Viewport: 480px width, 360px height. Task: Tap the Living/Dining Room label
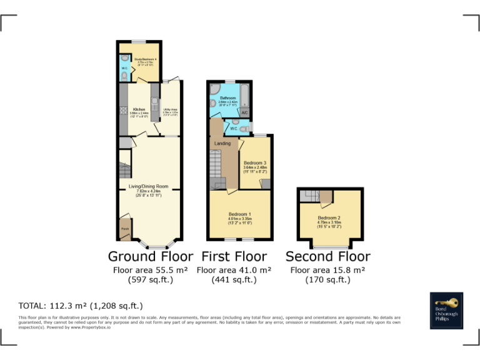click(149, 186)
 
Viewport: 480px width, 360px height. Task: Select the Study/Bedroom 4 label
click(145, 59)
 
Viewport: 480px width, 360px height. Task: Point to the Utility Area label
click(170, 110)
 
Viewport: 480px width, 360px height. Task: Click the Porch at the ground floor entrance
click(125, 229)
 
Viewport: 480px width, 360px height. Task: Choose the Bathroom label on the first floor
click(227, 98)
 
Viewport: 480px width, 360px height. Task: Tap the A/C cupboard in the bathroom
click(244, 112)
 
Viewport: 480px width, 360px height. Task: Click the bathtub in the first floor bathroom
click(244, 97)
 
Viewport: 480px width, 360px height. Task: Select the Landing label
click(222, 143)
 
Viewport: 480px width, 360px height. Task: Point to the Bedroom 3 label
click(255, 163)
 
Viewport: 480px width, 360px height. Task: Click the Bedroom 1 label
click(240, 214)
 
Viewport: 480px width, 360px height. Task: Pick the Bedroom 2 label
click(329, 218)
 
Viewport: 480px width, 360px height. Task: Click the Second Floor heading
click(327, 256)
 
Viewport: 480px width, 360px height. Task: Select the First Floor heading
click(234, 256)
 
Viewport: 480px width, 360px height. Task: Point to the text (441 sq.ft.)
click(234, 280)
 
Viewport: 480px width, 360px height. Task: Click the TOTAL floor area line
click(81, 306)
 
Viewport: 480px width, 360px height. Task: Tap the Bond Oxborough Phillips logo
click(446, 310)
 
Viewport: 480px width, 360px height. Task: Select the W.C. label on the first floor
click(233, 128)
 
